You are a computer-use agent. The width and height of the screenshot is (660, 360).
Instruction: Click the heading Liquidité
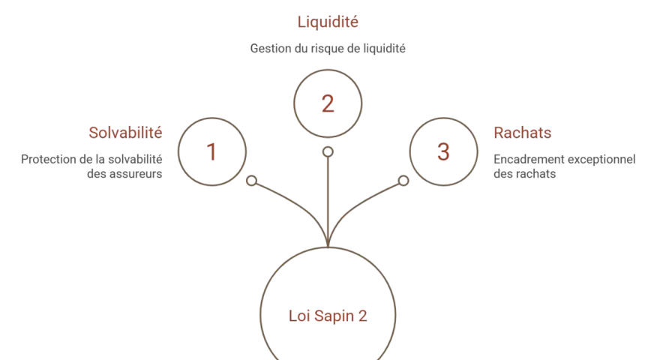pos(328,22)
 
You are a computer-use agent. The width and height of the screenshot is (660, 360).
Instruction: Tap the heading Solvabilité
pos(125,133)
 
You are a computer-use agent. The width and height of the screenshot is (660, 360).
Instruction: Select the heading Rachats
pos(522,133)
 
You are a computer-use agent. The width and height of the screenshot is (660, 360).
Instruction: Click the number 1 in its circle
pos(211,151)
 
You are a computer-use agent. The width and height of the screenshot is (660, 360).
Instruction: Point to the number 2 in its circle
pos(328,103)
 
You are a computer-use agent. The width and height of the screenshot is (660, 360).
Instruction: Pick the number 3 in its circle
pos(443,151)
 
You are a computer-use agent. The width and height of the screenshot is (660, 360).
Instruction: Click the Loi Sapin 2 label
pos(328,316)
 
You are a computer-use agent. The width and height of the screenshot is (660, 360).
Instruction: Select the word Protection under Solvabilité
pos(49,160)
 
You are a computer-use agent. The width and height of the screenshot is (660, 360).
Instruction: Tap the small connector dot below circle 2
pos(328,151)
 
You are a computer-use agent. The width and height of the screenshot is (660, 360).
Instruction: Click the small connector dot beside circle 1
pos(252,181)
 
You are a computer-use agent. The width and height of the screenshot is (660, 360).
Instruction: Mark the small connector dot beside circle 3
pos(403,181)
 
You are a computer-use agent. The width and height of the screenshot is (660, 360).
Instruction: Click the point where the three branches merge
pos(328,246)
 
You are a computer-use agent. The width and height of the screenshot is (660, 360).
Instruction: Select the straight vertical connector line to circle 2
pos(328,202)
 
